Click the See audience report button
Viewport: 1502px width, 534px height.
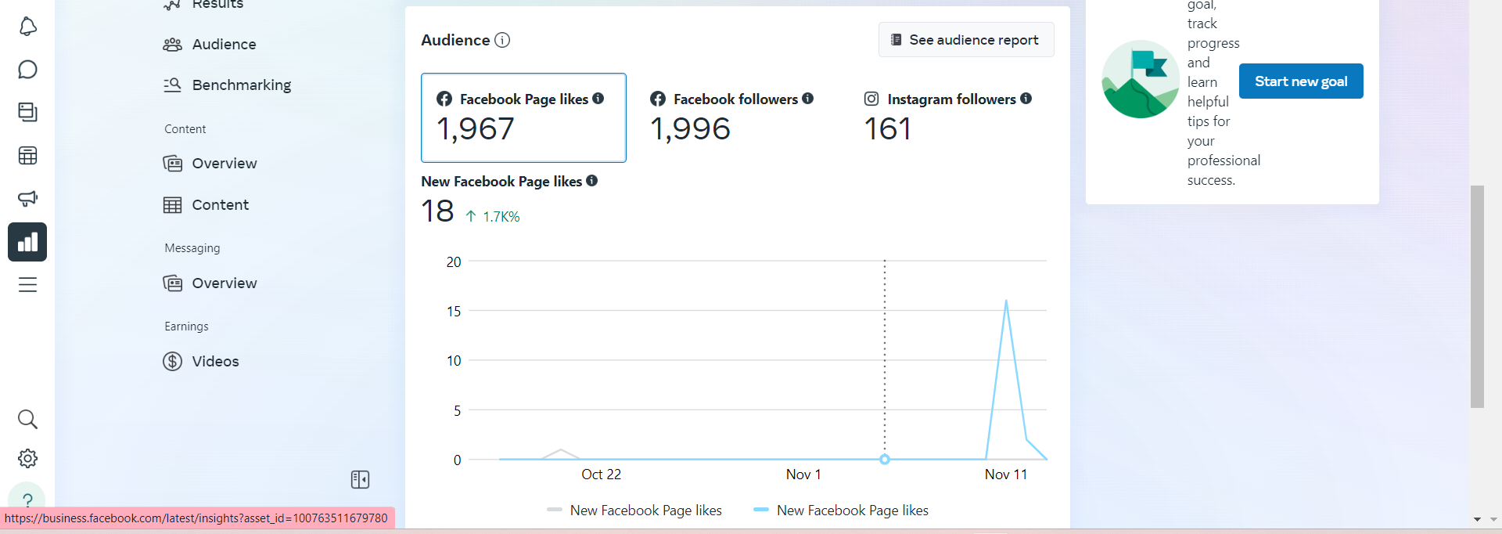[x=966, y=40]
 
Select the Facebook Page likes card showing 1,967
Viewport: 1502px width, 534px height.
[x=523, y=117]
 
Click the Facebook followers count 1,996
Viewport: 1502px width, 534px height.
[x=690, y=129]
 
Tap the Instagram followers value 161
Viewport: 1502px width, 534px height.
[x=887, y=129]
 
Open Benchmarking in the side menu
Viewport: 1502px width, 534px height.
[x=241, y=85]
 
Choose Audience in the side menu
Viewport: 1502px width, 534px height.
[x=224, y=45]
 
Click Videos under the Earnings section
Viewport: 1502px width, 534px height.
[x=215, y=362]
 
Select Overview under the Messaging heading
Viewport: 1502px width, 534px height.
[x=224, y=283]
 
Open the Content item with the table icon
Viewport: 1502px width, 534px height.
[x=220, y=205]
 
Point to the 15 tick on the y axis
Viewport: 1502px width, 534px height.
[x=454, y=312]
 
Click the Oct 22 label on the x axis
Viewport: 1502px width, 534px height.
[x=601, y=474]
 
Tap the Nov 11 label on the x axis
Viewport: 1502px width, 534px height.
[x=1005, y=474]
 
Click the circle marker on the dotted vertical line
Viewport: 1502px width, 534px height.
[x=885, y=460]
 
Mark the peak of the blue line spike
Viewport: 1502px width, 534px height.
[x=1006, y=301]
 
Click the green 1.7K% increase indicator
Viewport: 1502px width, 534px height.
[x=494, y=217]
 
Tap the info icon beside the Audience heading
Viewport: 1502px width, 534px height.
[x=502, y=40]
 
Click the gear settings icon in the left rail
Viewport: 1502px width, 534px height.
[x=27, y=459]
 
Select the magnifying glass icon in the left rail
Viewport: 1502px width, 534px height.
[x=27, y=419]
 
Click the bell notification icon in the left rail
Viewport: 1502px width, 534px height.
[x=27, y=27]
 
